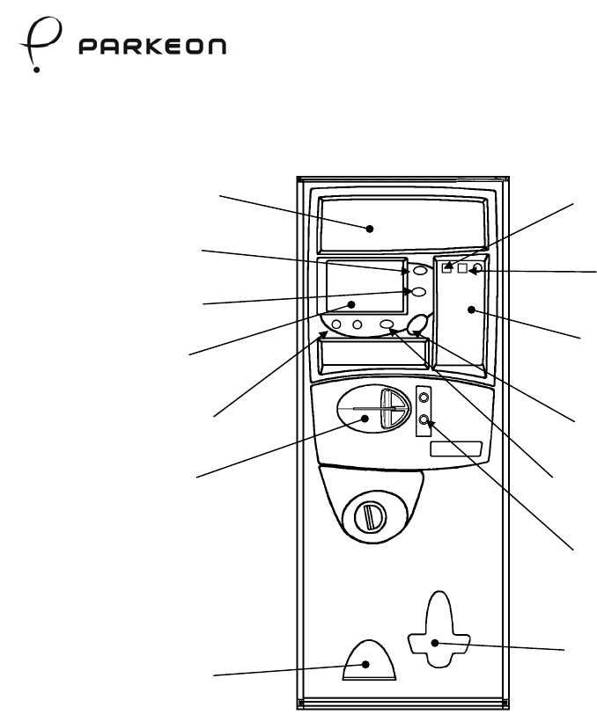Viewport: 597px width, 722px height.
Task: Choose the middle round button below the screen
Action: click(x=357, y=326)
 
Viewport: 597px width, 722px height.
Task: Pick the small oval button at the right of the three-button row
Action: click(x=387, y=326)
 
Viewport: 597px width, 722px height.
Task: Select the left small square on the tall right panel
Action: click(x=447, y=267)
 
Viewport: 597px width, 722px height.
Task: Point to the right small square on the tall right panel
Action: click(x=463, y=267)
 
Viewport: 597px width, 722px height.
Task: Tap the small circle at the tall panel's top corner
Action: click(x=478, y=267)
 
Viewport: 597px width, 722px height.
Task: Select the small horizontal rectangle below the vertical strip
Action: click(x=455, y=449)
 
